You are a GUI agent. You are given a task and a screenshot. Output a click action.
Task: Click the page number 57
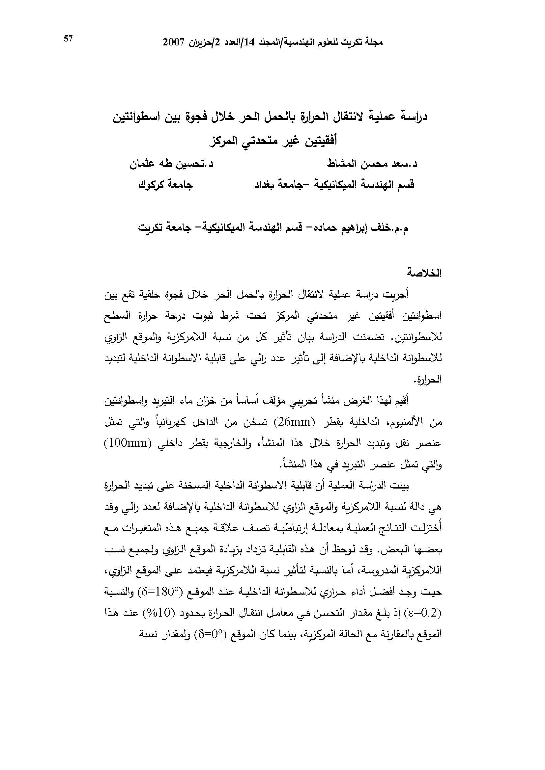click(68, 39)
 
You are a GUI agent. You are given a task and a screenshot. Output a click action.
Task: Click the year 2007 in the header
click(174, 42)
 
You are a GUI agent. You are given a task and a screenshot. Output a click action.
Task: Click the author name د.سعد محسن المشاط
click(371, 164)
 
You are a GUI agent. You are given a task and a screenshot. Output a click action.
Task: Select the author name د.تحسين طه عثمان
click(171, 164)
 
